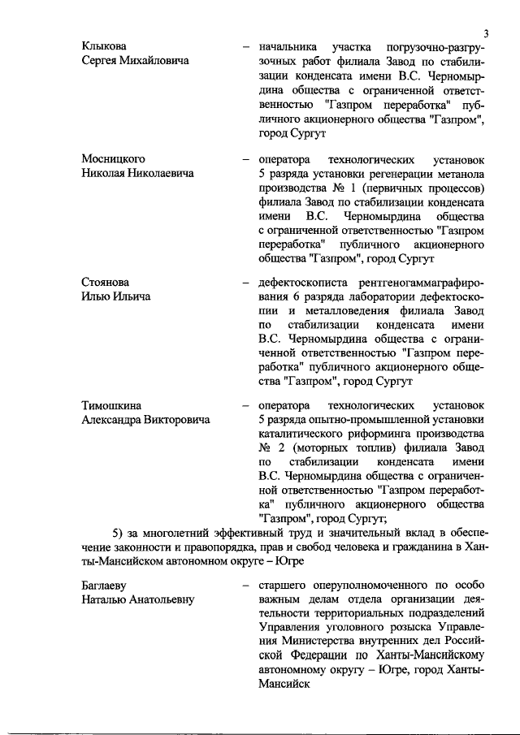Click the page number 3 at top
484,33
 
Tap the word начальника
284,46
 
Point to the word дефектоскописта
301,282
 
